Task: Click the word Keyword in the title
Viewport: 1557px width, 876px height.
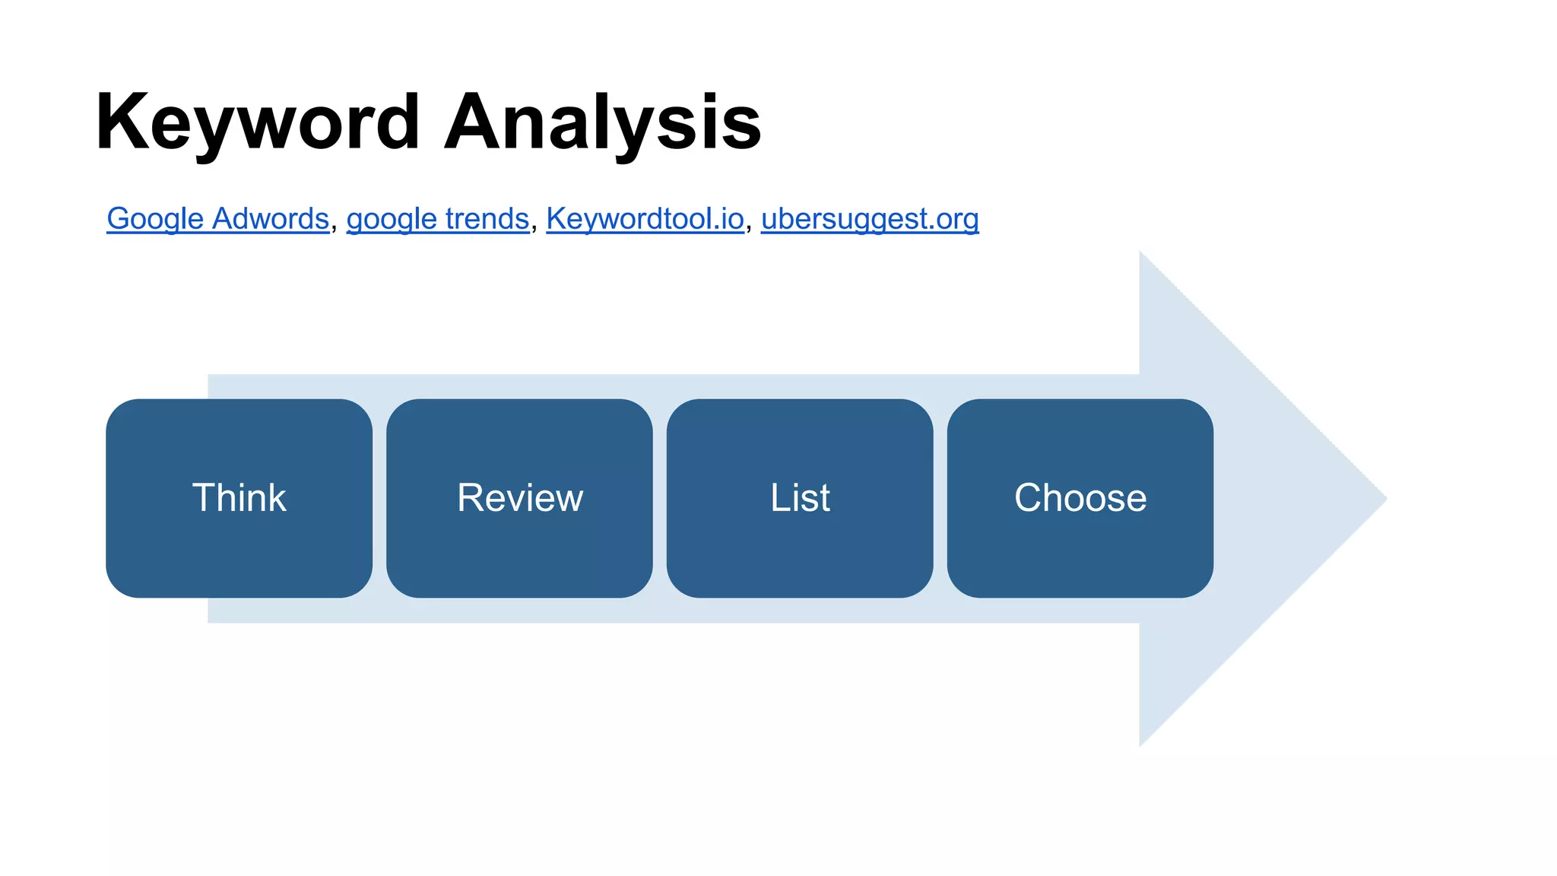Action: coord(258,123)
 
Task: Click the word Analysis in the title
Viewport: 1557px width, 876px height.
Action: coord(602,123)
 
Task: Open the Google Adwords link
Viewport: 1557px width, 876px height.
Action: coord(217,219)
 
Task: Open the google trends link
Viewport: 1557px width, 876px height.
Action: coord(438,219)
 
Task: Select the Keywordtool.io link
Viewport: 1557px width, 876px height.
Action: coord(645,219)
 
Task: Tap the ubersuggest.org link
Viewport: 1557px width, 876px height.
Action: coord(870,219)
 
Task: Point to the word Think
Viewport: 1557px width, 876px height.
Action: coord(239,498)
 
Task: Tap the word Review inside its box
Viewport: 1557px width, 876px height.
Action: coord(520,498)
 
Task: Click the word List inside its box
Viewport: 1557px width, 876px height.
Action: coord(800,498)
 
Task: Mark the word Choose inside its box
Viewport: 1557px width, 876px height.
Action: coord(1080,498)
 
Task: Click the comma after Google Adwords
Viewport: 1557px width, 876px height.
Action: coord(335,227)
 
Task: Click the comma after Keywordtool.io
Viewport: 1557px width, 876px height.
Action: coord(749,227)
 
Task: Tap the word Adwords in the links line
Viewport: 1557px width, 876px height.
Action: coord(271,219)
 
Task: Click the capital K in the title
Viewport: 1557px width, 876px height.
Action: coord(121,122)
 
